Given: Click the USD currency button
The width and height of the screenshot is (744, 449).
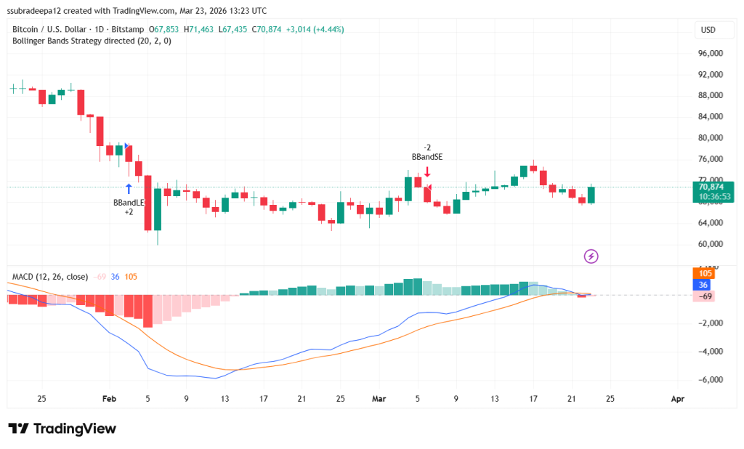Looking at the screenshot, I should click(x=707, y=30).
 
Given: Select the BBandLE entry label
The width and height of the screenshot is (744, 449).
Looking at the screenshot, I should click(x=127, y=202).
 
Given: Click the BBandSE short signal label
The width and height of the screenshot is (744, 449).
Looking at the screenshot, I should click(x=426, y=156).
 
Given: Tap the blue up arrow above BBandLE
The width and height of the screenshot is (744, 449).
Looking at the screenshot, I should click(x=129, y=188).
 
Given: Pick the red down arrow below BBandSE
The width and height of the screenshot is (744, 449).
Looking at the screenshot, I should click(x=427, y=171).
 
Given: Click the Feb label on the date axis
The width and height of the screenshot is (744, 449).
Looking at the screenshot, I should click(x=109, y=398).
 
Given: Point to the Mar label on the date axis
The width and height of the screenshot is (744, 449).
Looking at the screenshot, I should click(x=379, y=398).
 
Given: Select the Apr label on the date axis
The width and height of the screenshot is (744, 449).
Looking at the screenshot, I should click(x=677, y=398).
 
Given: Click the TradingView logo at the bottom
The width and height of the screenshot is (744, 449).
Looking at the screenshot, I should click(x=62, y=429).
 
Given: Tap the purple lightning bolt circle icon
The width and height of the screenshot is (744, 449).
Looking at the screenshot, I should click(x=591, y=256).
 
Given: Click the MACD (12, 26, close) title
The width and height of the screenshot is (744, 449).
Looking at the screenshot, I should click(x=50, y=277).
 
